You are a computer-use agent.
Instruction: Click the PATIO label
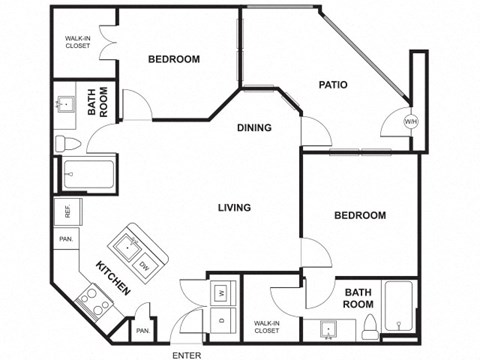[x=333, y=85]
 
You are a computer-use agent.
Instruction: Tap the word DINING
[x=256, y=127]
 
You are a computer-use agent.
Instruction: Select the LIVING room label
[x=235, y=208]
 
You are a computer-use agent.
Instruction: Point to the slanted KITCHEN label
[x=113, y=277]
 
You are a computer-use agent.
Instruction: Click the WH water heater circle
[x=410, y=121]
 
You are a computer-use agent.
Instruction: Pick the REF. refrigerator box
[x=67, y=212]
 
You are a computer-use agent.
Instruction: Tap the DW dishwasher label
[x=144, y=265]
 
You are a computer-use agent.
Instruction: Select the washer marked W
[x=222, y=292]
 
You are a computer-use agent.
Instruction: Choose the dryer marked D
[x=222, y=320]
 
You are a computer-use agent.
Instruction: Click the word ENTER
[x=186, y=354]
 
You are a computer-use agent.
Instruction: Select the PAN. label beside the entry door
[x=143, y=329]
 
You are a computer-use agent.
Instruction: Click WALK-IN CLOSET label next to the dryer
[x=266, y=326]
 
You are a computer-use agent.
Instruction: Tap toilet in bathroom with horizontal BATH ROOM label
[x=369, y=324]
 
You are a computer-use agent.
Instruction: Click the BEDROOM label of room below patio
[x=360, y=215]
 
